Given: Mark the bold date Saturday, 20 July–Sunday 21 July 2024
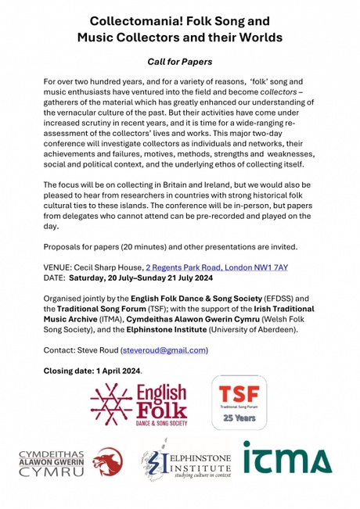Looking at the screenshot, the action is click(x=146, y=278).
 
